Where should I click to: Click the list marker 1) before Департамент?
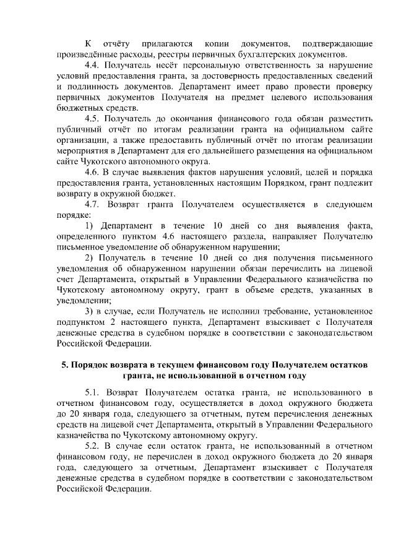88,225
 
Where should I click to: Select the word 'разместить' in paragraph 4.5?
349,118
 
